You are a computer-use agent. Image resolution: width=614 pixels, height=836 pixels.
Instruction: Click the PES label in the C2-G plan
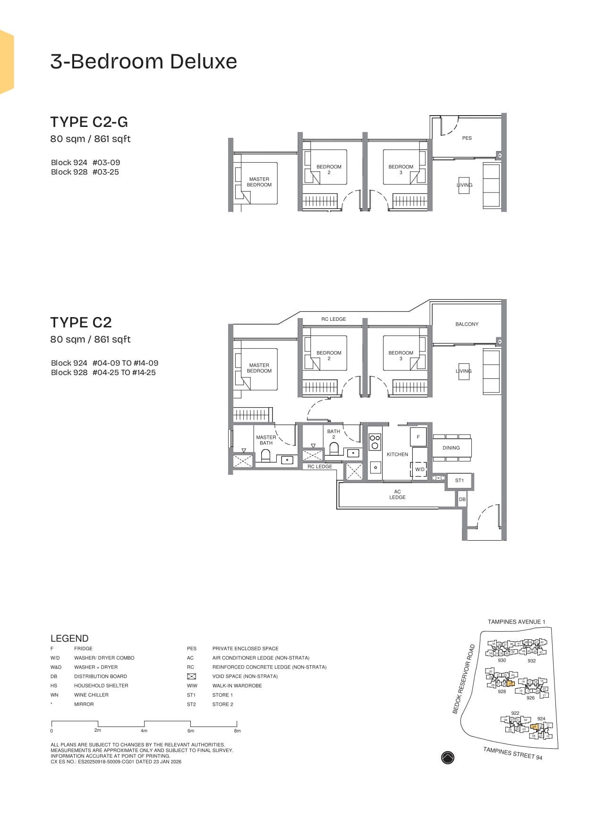click(467, 138)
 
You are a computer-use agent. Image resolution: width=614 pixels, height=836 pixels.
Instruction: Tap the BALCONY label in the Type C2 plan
click(467, 324)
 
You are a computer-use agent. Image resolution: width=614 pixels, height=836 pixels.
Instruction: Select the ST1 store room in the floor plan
click(460, 481)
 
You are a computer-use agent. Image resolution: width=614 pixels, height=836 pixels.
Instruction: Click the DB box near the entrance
click(462, 499)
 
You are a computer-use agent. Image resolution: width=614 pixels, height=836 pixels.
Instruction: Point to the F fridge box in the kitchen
click(418, 437)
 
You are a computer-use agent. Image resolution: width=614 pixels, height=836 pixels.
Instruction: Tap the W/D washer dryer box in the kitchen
click(419, 469)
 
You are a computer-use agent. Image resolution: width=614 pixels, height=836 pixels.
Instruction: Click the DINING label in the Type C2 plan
click(451, 448)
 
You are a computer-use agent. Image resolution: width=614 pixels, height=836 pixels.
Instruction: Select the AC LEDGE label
click(397, 494)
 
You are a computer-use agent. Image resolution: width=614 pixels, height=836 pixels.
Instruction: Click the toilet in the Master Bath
click(265, 456)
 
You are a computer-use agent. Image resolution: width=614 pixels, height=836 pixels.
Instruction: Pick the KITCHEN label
click(397, 454)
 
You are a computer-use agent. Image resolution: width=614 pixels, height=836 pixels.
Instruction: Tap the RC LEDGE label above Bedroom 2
click(333, 319)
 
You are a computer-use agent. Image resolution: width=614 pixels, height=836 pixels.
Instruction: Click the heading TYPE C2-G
click(89, 122)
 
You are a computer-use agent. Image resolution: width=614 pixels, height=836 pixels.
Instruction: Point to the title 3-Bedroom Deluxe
click(144, 61)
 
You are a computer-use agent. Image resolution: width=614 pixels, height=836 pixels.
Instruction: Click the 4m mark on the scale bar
click(144, 730)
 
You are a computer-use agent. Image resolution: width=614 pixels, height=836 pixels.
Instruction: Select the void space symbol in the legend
click(191, 676)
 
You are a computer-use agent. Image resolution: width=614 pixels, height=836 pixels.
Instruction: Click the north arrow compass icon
click(447, 757)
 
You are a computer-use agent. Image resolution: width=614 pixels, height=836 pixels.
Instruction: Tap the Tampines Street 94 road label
click(512, 753)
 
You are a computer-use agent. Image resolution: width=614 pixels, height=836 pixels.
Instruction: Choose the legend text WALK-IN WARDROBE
click(237, 686)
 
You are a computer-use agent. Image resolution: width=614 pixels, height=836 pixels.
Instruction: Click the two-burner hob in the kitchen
click(375, 442)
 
